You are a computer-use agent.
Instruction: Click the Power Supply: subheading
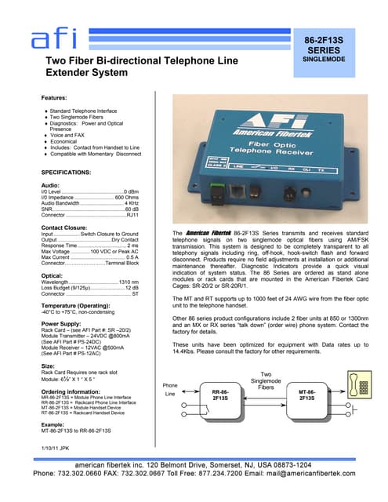[63, 323]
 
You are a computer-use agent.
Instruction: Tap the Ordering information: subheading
[71, 389]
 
